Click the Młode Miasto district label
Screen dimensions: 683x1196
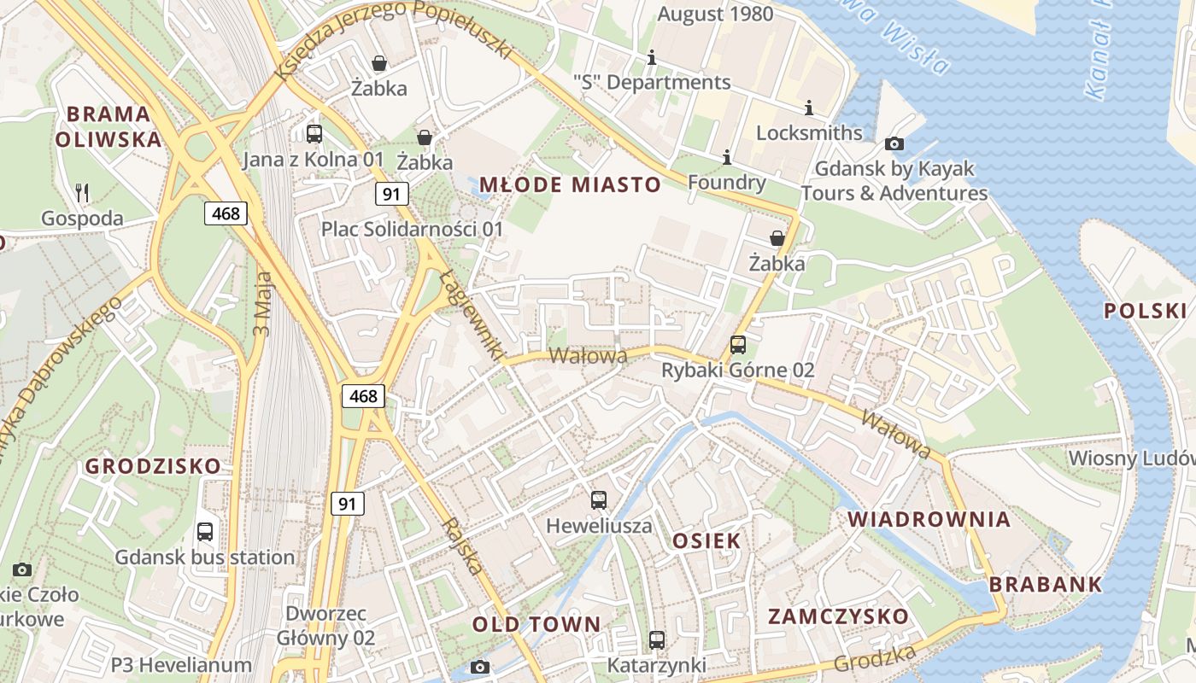[x=570, y=184]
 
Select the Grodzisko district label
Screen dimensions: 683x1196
[x=152, y=466]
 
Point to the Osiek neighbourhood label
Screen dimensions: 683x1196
[x=706, y=540]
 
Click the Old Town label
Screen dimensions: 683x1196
[x=536, y=624]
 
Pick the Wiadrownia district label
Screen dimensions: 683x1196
[x=929, y=519]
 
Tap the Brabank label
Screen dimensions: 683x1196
[x=1046, y=585]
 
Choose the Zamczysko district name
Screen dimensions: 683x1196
[x=838, y=616]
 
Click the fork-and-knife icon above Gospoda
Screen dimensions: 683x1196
[x=82, y=193]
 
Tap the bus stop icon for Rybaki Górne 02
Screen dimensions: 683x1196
[x=738, y=345]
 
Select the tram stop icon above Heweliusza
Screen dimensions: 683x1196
[x=599, y=500]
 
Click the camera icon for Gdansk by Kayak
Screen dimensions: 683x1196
[x=894, y=143]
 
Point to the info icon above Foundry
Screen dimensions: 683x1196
[x=727, y=157]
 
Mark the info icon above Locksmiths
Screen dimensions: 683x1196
[x=809, y=108]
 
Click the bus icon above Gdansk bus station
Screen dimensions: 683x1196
[x=205, y=532]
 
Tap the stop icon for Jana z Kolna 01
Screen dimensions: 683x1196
[x=314, y=133]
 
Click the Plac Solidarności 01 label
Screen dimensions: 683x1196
[x=412, y=229]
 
